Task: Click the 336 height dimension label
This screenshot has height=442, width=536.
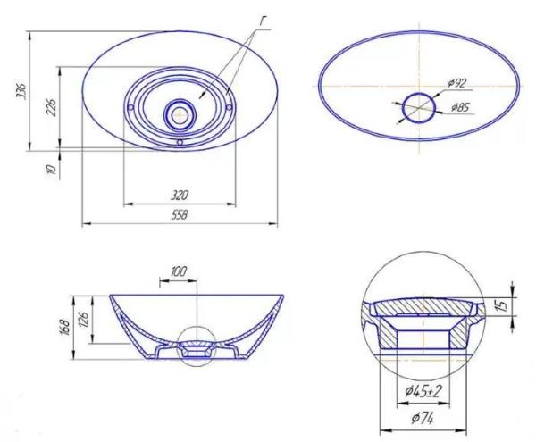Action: coord(21,90)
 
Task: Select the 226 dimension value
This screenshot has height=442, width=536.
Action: coord(51,107)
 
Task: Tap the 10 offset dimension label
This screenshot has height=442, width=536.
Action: coord(51,169)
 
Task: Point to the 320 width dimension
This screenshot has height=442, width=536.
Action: coord(180,196)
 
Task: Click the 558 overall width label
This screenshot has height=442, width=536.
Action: coord(180,215)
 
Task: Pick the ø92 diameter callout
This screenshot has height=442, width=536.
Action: coord(457,83)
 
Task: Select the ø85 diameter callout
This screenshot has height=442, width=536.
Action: coord(460,107)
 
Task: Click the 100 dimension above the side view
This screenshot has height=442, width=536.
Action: coord(179,271)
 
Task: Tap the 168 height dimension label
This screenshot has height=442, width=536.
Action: coord(65,328)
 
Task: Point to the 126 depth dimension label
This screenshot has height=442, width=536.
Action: coord(84,320)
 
